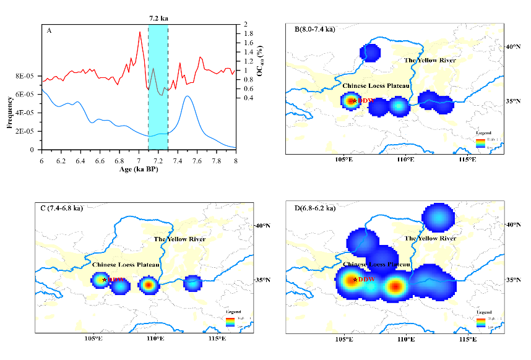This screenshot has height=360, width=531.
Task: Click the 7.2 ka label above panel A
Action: click(158, 19)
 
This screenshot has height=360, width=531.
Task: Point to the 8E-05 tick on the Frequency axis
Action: click(26, 76)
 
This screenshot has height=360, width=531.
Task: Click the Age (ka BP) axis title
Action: click(138, 169)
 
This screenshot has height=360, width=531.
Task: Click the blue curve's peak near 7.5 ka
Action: click(187, 96)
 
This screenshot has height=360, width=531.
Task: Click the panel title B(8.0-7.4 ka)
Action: click(315, 29)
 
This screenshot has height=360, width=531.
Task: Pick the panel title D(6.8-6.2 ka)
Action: click(316, 208)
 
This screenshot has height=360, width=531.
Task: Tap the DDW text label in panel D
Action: click(366, 280)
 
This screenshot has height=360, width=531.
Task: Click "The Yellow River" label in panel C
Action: click(179, 239)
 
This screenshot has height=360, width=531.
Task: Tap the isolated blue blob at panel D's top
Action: click(438, 218)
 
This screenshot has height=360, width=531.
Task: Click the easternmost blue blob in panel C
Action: click(192, 283)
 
